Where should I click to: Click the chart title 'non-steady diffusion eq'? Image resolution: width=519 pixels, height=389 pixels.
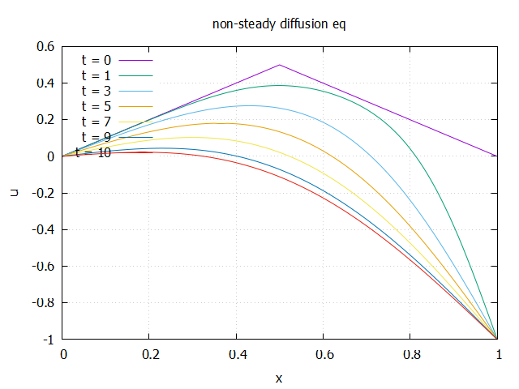[x=279, y=24]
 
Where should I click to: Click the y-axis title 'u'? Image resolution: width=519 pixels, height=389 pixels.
[x=14, y=193]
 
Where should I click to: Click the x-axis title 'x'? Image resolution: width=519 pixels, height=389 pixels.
[x=279, y=378]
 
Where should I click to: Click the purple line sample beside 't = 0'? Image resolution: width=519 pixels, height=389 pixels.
[x=135, y=60]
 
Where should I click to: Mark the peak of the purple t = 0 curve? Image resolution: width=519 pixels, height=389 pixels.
[x=280, y=65]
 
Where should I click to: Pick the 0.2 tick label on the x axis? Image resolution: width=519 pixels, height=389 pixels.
[x=149, y=354]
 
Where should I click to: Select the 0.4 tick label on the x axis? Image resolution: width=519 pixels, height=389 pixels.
[x=236, y=354]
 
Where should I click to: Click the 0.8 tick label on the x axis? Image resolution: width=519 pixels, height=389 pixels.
[x=410, y=354]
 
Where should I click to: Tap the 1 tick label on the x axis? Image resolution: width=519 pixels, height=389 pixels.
[x=497, y=354]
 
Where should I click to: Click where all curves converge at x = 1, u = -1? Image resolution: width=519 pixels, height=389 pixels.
[x=497, y=339]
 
